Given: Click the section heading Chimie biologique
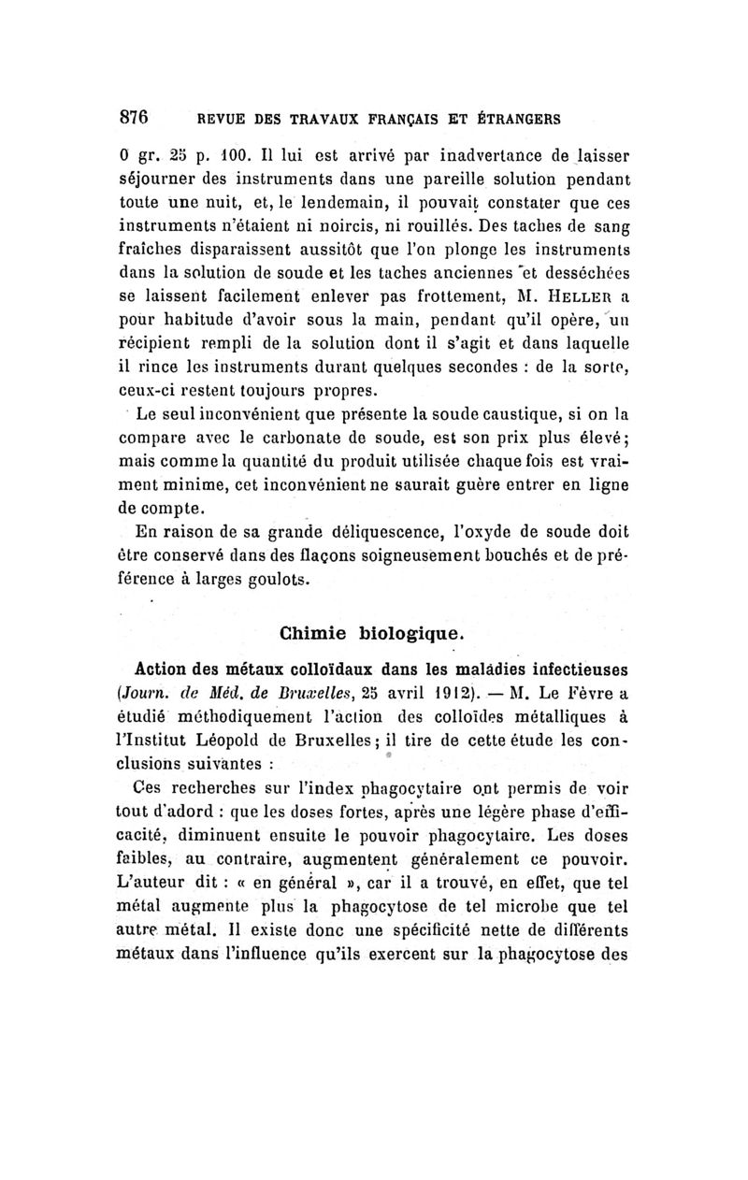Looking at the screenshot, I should tap(371, 633).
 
